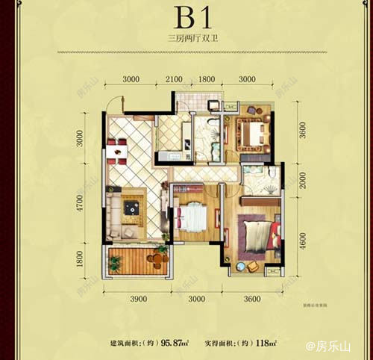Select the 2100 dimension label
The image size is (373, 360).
(x=174, y=78)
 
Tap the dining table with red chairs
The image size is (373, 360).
(x=117, y=151)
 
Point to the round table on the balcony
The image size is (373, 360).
(x=155, y=259)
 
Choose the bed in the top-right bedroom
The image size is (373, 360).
(x=251, y=134)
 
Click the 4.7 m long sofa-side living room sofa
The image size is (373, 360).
(x=113, y=208)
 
